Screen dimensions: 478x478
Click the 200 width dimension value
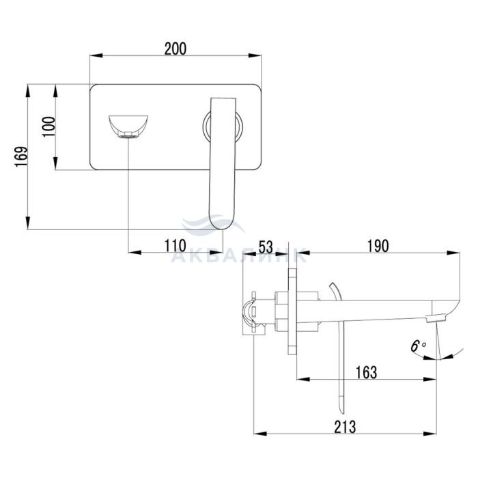[175, 48]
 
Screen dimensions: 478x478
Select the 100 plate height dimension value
[48, 127]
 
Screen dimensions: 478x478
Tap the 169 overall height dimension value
[21, 156]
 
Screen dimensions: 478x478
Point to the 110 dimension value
[175, 246]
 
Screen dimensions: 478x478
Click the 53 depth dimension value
[266, 247]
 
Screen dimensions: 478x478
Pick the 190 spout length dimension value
[378, 247]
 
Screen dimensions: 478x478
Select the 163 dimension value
[367, 373]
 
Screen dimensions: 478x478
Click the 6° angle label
[418, 346]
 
